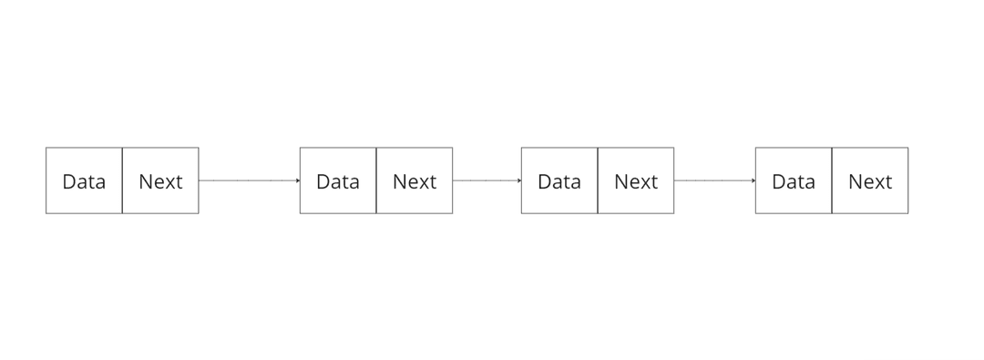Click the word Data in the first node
click(84, 181)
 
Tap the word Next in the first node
click(160, 181)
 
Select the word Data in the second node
click(338, 181)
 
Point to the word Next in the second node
click(415, 181)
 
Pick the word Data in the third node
click(559, 181)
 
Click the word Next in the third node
click(636, 181)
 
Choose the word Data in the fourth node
click(794, 181)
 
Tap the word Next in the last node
click(870, 181)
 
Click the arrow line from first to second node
click(248, 180)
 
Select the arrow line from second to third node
click(487, 180)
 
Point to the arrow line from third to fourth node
click(714, 180)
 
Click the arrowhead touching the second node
click(297, 180)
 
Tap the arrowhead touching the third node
click(518, 180)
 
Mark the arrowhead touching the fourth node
click(753, 180)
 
